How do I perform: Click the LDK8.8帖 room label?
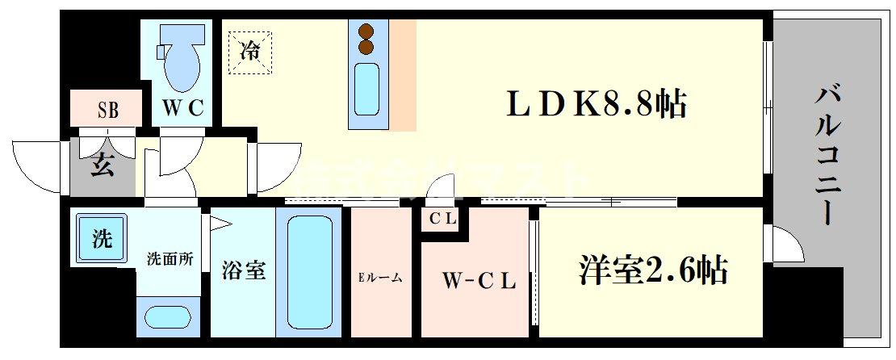tap(596, 105)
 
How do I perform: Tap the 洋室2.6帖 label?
tap(652, 270)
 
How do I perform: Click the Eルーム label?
tap(380, 278)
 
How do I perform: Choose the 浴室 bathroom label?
tap(243, 270)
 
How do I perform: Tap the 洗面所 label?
tap(170, 259)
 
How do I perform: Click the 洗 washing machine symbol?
tap(102, 239)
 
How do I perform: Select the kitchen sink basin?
tap(367, 88)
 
